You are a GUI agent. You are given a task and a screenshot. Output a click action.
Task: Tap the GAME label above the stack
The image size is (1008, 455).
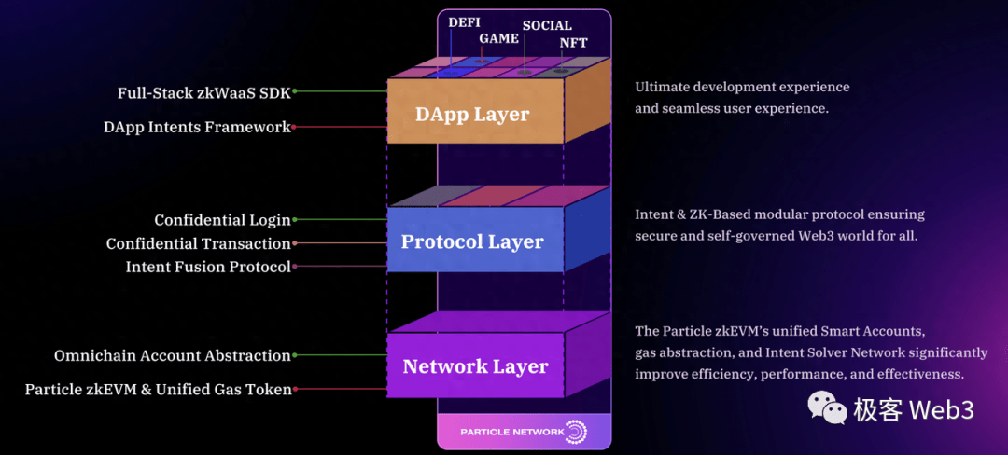point(499,39)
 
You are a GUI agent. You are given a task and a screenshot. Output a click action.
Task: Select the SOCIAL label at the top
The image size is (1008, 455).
point(547,26)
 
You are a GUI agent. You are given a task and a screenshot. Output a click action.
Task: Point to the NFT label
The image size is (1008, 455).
point(574,43)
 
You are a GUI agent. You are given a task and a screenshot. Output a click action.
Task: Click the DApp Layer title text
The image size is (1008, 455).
point(472,116)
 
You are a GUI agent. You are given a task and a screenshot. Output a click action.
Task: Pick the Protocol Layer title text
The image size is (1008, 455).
point(472,242)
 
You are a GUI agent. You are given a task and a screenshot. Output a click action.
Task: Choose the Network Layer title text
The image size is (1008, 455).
point(475,367)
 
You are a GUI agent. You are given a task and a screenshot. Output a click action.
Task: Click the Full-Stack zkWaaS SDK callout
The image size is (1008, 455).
point(203,93)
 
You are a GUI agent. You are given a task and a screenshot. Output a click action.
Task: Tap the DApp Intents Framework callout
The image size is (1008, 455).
point(197,128)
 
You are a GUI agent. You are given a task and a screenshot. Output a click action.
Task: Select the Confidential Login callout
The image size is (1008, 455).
point(222,221)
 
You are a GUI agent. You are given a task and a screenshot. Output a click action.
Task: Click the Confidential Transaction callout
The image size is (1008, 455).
point(198,244)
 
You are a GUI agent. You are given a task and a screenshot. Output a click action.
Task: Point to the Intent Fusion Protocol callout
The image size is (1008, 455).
point(208,268)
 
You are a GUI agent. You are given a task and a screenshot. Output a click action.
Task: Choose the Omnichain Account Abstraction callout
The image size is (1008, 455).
point(173,356)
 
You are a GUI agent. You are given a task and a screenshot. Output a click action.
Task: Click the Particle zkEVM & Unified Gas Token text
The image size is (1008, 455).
point(158,390)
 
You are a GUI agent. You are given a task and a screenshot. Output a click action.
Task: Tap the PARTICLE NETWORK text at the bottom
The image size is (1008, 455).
point(512,432)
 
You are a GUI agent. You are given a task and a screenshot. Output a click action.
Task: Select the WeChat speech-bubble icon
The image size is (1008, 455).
point(827,407)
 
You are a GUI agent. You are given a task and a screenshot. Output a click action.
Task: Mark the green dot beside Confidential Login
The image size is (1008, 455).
point(295,221)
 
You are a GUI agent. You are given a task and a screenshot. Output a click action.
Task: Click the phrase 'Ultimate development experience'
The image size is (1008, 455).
point(742,87)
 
